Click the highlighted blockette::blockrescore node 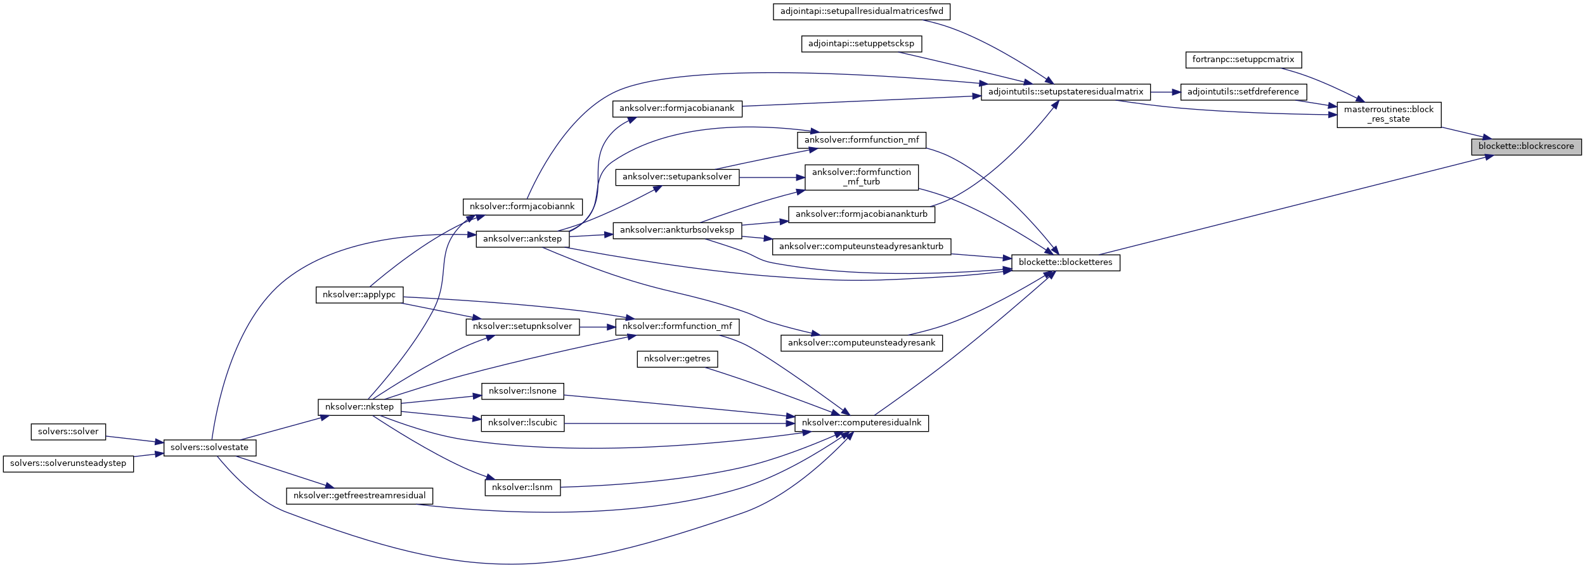coord(1525,146)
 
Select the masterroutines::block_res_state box coord(1388,114)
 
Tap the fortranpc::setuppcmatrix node coord(1243,60)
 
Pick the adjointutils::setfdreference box coord(1243,92)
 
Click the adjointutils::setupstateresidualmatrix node coord(1065,92)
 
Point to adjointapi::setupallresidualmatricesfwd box coord(861,11)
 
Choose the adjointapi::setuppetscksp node coord(861,44)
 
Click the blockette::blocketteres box coord(1065,262)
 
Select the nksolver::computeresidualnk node coord(861,423)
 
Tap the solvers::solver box coord(68,432)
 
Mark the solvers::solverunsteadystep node coord(68,463)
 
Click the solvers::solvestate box coord(209,448)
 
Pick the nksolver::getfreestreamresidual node coord(359,496)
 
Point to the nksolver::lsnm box coord(522,487)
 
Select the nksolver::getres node coord(676,359)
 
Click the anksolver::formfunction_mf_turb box coord(861,177)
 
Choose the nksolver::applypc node coord(359,295)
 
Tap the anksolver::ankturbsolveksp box coord(676,230)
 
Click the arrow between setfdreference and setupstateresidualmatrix coord(1165,92)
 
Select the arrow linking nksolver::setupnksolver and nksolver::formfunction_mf coord(597,327)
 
